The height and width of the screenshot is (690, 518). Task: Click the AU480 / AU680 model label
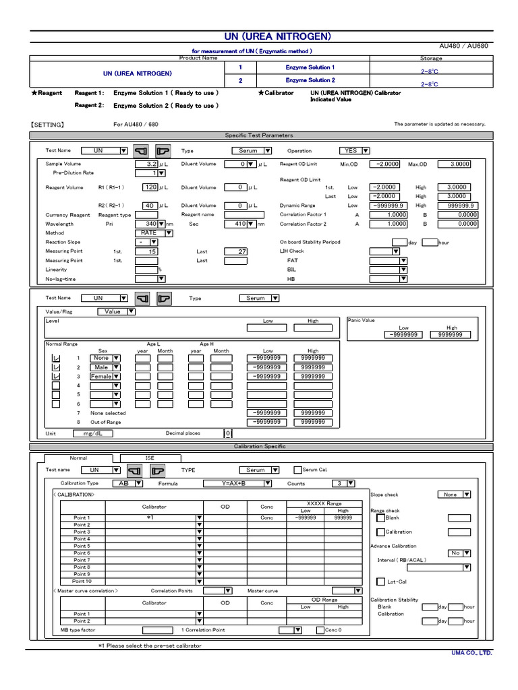tap(465, 46)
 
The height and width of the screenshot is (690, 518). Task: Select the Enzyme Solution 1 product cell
tap(310, 67)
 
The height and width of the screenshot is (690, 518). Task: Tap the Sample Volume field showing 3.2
tap(146, 164)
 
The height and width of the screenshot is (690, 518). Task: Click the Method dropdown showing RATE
tap(152, 233)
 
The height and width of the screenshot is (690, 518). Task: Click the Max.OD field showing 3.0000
tap(454, 164)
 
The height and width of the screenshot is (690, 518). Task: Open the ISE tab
tap(150, 458)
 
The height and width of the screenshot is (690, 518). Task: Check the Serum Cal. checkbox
tap(297, 470)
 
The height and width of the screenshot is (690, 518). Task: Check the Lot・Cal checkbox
tap(380, 582)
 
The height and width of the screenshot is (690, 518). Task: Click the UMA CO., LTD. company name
tap(471, 652)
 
